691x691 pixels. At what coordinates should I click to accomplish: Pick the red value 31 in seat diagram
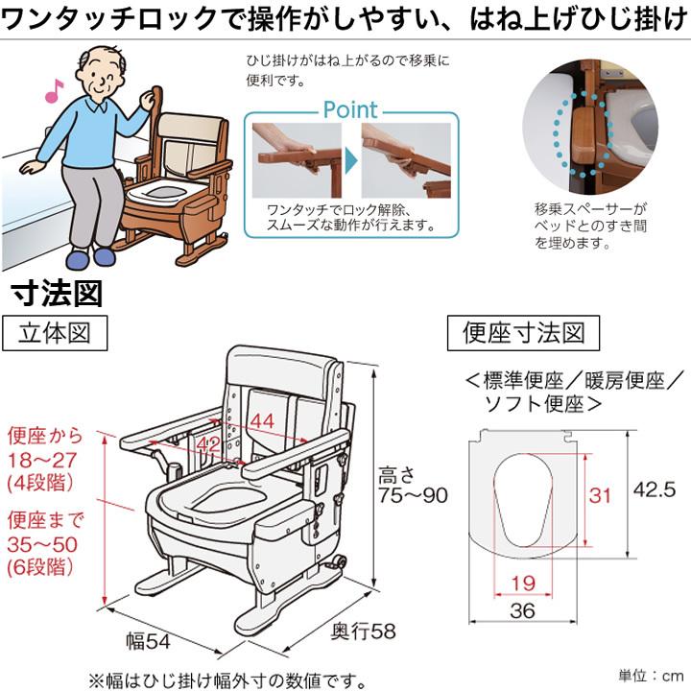pos(600,495)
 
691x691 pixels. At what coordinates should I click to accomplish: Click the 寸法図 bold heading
pos(56,294)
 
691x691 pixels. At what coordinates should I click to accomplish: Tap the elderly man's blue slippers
pos(90,256)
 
